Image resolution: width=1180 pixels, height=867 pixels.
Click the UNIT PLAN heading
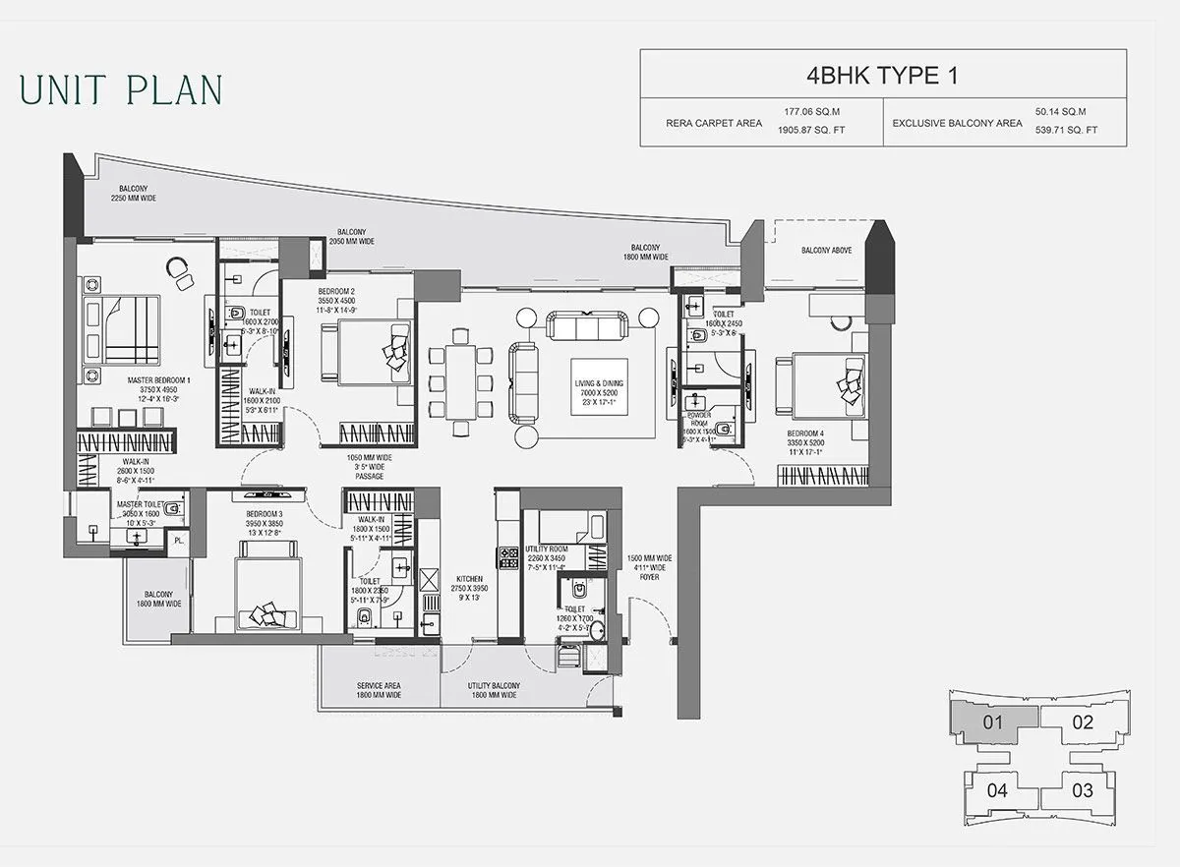[x=121, y=88]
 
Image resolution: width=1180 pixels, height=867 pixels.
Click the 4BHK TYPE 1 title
[x=882, y=75]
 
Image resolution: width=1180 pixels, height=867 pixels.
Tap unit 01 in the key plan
[x=993, y=722]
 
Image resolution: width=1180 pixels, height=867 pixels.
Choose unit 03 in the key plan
[x=1082, y=789]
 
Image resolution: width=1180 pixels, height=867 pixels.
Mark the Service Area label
[x=380, y=690]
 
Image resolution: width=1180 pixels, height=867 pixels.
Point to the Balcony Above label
[x=826, y=251]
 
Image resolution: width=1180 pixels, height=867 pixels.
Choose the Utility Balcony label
[x=494, y=690]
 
